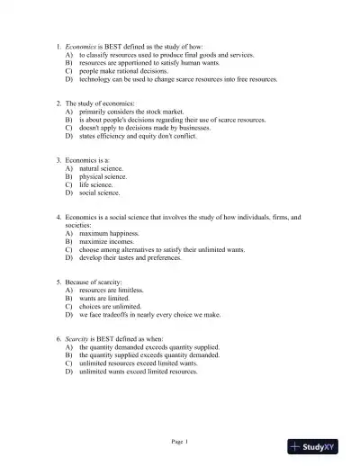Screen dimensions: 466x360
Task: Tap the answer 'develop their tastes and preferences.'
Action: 130,258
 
